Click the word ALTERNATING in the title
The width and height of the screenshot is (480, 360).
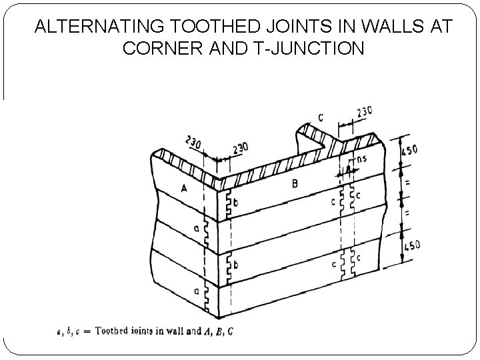point(99,27)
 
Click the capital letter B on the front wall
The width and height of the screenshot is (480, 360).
point(295,183)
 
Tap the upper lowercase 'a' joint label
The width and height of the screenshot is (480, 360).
point(197,229)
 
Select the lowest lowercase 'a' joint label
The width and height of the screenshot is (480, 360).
point(197,291)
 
